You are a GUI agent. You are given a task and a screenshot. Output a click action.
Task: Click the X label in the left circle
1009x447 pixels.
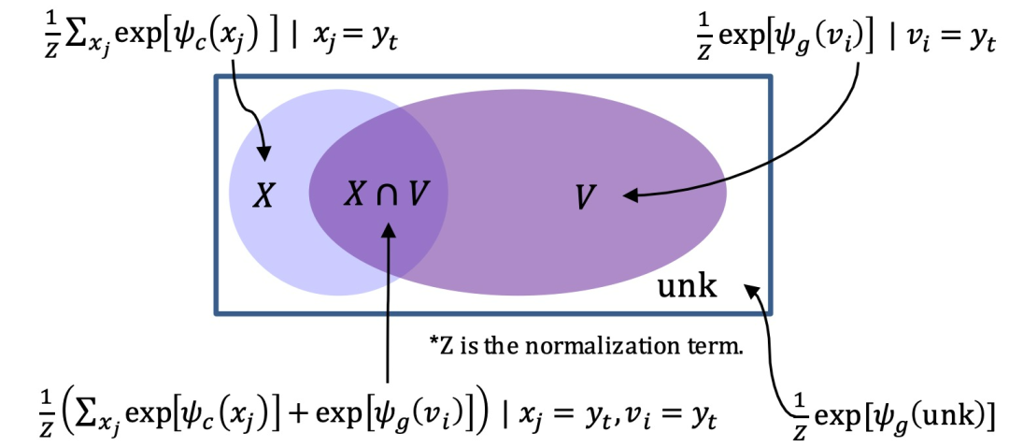(x=265, y=196)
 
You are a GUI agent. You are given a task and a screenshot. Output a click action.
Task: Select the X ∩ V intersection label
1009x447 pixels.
(x=386, y=195)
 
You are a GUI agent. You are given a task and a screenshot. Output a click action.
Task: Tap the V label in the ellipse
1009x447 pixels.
(x=586, y=196)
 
